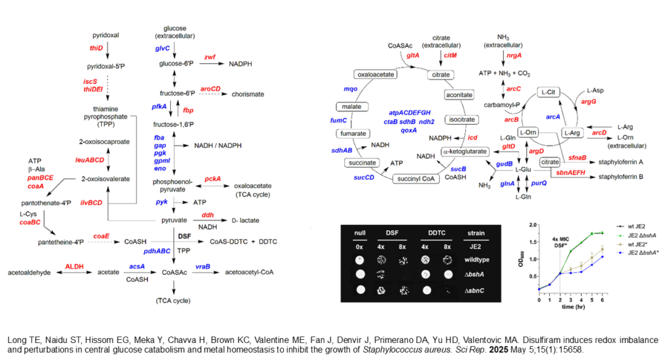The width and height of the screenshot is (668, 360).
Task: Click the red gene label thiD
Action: coord(96,48)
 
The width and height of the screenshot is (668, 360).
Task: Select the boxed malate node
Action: coord(352,106)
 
